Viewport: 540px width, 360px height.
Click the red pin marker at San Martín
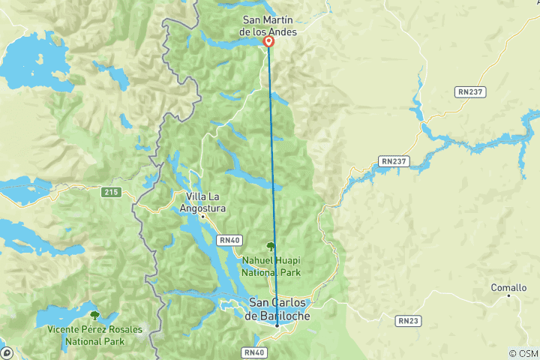point(268,41)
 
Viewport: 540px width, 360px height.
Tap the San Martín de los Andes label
point(268,25)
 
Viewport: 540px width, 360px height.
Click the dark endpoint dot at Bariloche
point(277,325)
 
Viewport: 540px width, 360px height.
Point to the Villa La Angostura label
point(202,203)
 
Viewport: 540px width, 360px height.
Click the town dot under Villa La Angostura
point(202,216)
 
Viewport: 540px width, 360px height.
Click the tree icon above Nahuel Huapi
point(271,246)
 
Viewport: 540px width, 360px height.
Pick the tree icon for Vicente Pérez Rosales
point(94,316)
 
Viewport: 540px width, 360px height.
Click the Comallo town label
point(508,286)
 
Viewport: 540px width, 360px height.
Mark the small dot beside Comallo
point(508,295)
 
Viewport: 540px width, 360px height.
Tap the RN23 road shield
point(408,321)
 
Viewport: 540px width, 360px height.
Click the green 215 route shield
point(112,193)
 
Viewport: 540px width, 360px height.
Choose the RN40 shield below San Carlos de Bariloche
point(254,351)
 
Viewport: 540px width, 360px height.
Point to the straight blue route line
point(272,180)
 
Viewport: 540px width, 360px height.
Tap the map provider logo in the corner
point(7,352)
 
